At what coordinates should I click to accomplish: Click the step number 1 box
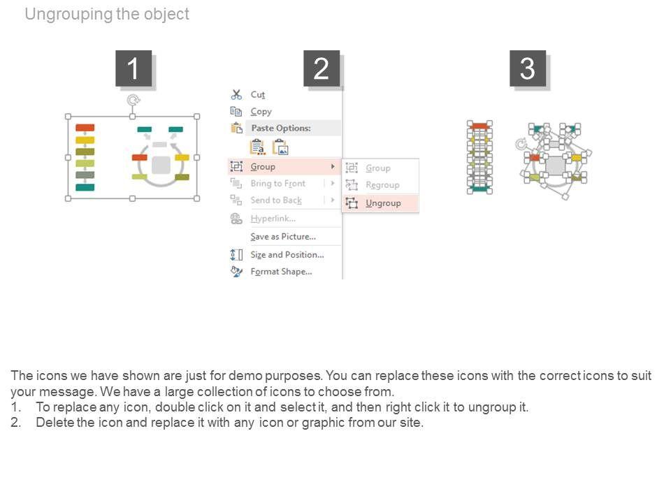point(133,69)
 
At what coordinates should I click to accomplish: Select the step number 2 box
point(322,69)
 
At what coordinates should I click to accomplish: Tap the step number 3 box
point(528,69)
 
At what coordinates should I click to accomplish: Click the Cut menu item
point(257,94)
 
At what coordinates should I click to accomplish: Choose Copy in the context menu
point(261,111)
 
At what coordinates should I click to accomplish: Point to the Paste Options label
point(280,128)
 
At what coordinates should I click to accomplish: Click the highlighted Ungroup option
point(383,203)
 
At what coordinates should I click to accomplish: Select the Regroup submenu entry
point(382,185)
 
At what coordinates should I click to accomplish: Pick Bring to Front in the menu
point(277,184)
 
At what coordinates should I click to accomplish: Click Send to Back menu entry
point(276,201)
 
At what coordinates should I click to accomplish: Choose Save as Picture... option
point(282,237)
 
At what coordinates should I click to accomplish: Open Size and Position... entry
point(287,255)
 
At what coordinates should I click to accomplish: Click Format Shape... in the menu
point(281,272)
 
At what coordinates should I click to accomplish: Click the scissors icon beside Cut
point(236,94)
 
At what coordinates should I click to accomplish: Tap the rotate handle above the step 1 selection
point(133,101)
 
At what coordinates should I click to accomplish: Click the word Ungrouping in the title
point(67,14)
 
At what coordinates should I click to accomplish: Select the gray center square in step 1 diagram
point(161,165)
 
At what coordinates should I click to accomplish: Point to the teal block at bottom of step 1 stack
point(85,187)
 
